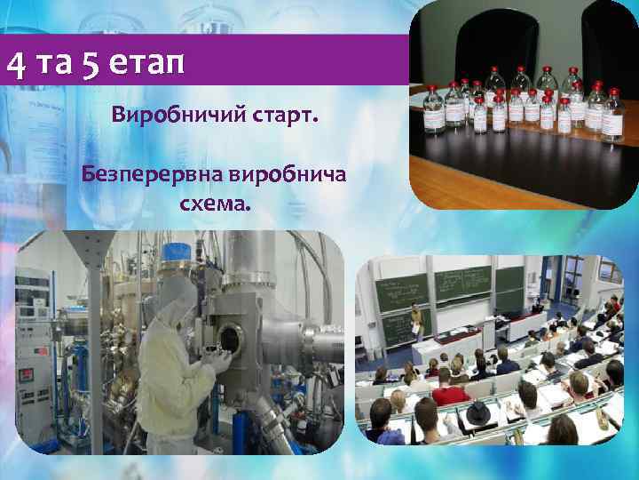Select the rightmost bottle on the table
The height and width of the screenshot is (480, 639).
(613, 116)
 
